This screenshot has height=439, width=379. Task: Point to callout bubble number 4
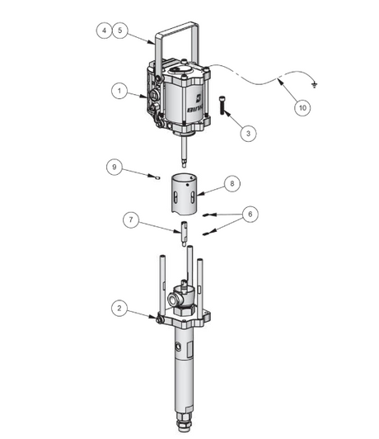tap(105, 31)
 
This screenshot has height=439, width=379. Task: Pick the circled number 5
tap(121, 31)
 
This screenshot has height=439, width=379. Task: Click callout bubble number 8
tap(233, 183)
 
